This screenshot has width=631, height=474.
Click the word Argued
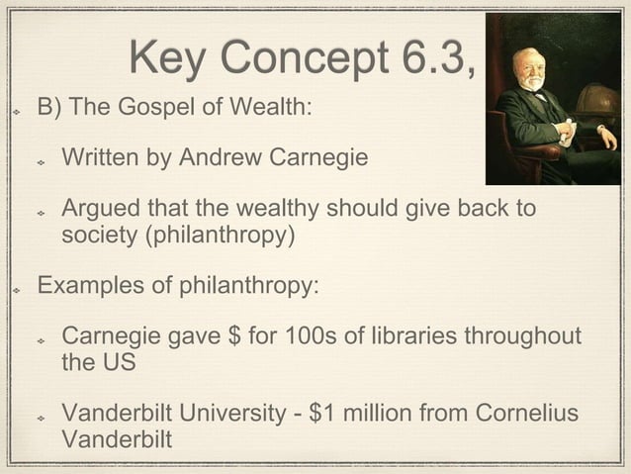[100, 211]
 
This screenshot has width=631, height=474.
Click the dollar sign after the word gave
[235, 338]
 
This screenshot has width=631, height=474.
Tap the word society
[98, 237]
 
